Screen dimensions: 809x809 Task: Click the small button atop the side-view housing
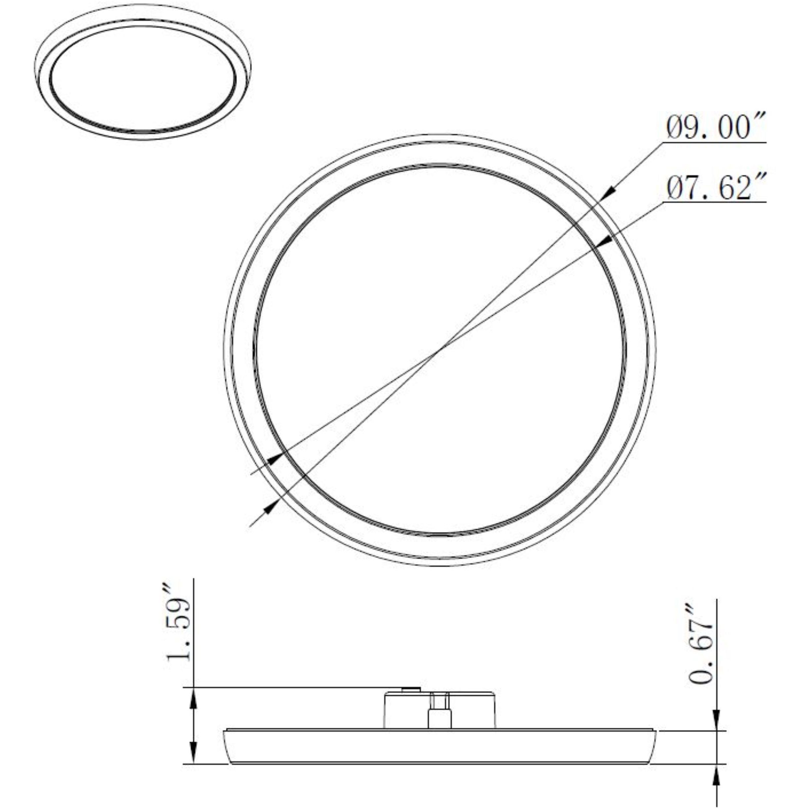410,688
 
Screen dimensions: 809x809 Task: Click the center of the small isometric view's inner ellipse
142,78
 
